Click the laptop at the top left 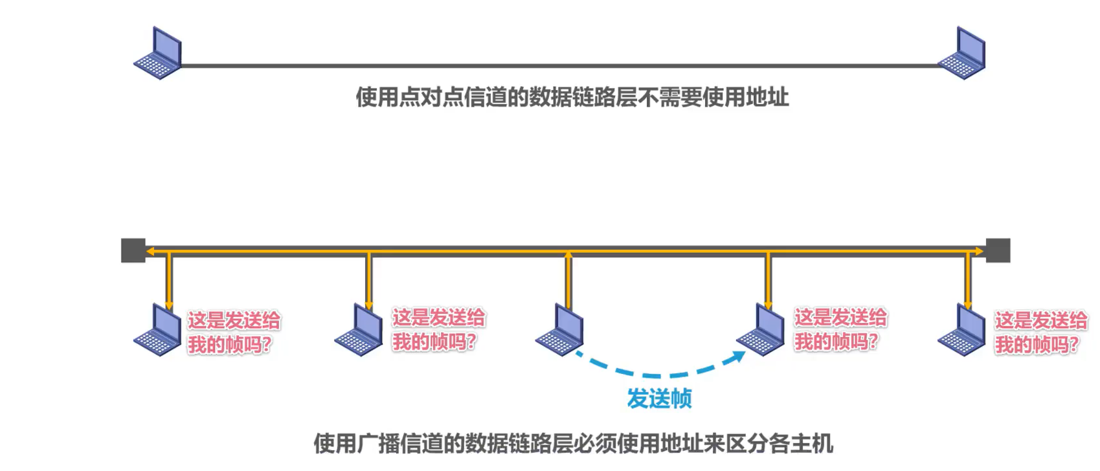click(x=158, y=54)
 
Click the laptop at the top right click(x=962, y=54)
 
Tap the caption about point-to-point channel click(x=572, y=98)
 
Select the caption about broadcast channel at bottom click(x=573, y=444)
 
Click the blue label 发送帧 click(x=659, y=399)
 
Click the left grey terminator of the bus click(x=133, y=250)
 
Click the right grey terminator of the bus click(x=998, y=250)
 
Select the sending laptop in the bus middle click(x=560, y=330)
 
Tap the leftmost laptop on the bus click(x=158, y=330)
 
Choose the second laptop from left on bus click(x=359, y=330)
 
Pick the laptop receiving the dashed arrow click(x=761, y=330)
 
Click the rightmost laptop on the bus click(x=962, y=330)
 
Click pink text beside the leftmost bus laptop click(x=233, y=333)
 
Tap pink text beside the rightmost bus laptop click(x=1040, y=333)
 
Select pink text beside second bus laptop click(x=438, y=330)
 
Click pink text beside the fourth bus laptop click(x=840, y=330)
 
